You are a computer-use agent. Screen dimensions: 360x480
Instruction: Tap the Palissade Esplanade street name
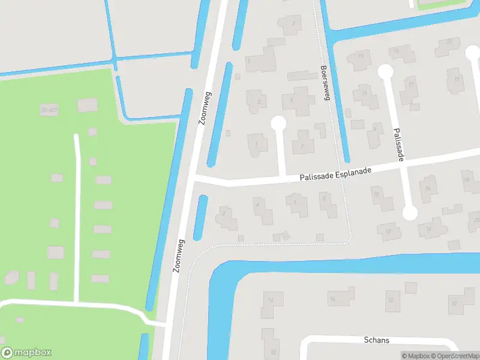pos(335,174)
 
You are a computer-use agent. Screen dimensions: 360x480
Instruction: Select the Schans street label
pos(376,340)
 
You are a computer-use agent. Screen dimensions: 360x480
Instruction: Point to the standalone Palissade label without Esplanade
pos(397,143)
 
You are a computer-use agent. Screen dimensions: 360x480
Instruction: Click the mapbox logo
pos(26,353)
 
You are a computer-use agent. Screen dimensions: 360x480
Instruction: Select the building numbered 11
pos(364,94)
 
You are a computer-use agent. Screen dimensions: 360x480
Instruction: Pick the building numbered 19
pos(457,79)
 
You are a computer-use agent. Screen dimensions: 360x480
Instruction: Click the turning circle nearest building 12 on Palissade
pos(410,212)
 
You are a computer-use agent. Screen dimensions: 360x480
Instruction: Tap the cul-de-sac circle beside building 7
pos(278,123)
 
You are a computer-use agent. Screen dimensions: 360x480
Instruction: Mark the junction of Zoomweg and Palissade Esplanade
pos(193,178)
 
